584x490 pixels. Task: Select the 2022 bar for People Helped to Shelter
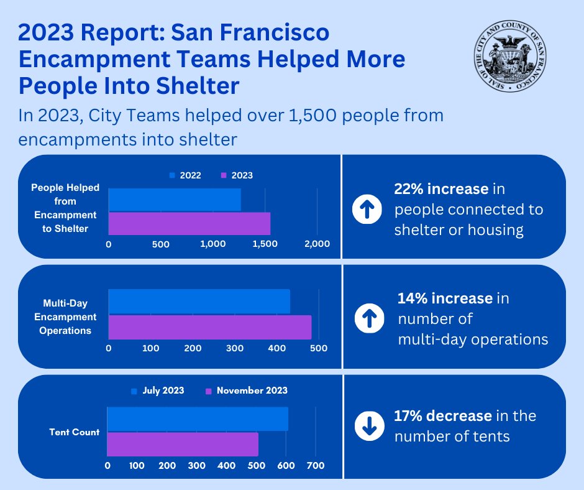pos(175,199)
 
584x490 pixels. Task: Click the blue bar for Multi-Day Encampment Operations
pos(199,302)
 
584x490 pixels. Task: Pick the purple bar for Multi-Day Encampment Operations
pos(210,327)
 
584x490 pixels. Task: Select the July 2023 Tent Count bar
pos(198,418)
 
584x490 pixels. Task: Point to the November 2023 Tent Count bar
pos(183,445)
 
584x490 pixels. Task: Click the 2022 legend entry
pos(185,176)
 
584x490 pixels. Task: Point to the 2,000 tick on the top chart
pos(317,244)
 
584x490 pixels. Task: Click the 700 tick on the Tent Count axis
pos(316,465)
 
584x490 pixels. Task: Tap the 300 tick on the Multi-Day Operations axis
pos(235,348)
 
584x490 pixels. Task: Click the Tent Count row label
pos(75,432)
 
